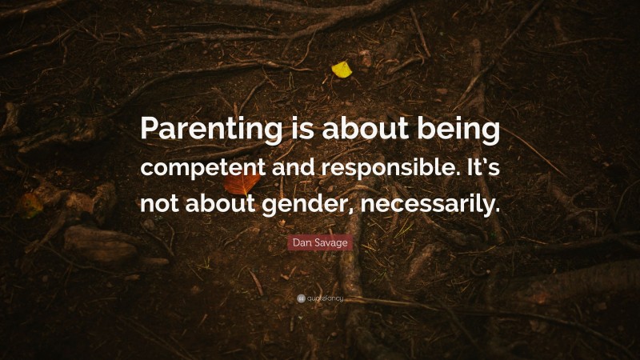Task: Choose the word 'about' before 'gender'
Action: click(x=226, y=202)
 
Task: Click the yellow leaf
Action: click(x=342, y=70)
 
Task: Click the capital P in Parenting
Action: click(x=150, y=130)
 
